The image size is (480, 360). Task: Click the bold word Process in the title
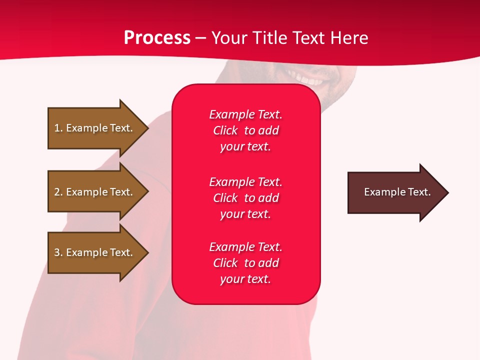157,38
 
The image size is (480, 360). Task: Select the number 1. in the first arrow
58,128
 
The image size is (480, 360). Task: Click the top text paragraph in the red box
245,130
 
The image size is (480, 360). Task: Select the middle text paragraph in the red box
245,198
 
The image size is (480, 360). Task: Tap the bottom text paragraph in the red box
245,263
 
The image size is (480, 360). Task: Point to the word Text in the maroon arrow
419,192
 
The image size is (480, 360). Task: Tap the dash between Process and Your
200,38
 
